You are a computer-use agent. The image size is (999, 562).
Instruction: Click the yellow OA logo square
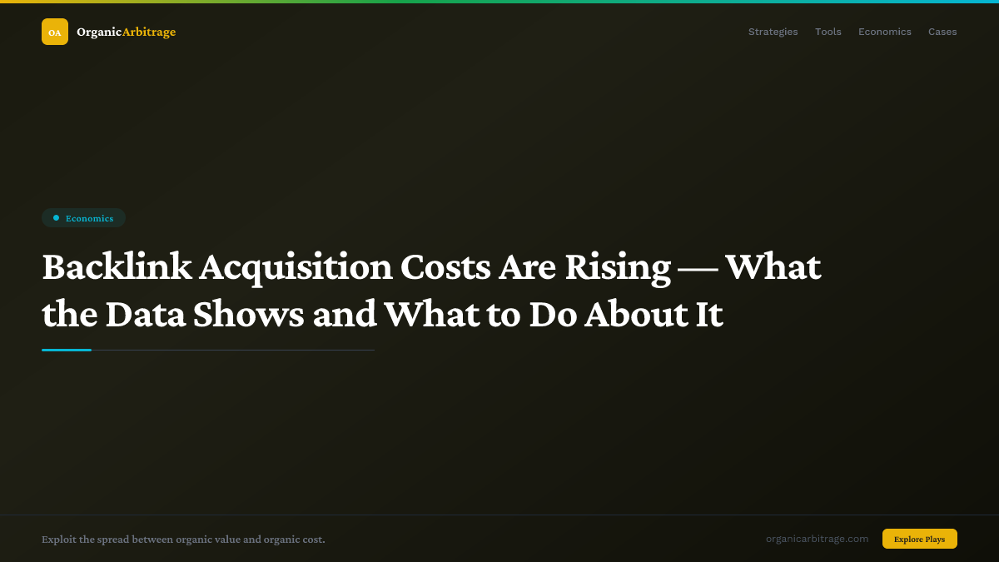(55, 32)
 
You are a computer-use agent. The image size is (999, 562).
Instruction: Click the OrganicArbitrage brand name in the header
(126, 32)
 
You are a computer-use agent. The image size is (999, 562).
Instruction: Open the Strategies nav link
(773, 32)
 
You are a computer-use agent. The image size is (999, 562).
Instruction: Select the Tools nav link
(828, 32)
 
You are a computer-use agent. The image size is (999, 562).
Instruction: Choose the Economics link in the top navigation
(884, 32)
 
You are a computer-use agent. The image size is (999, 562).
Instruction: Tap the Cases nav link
(942, 32)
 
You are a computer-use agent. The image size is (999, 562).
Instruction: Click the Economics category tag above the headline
(83, 218)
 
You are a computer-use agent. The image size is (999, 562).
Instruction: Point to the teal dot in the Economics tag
(56, 218)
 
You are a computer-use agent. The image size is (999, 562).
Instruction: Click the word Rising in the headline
(617, 267)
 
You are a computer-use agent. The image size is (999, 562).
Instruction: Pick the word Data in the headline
(146, 316)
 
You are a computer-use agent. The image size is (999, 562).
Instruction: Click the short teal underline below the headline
(67, 350)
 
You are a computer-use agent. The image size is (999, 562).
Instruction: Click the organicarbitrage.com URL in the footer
(817, 539)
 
